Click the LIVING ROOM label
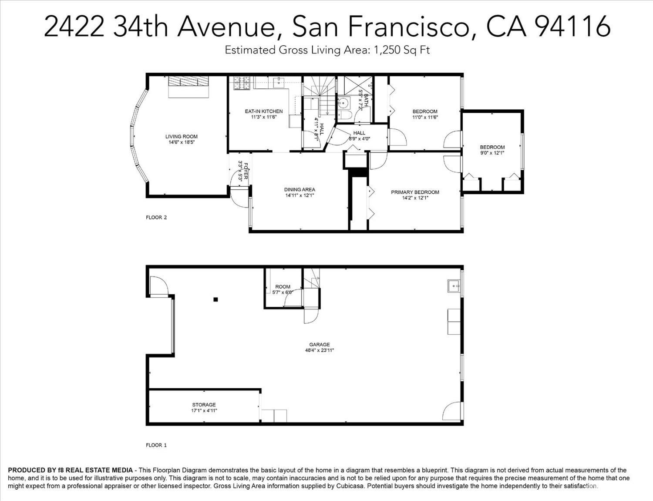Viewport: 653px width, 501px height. pos(181,136)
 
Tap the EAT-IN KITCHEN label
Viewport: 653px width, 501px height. pos(263,111)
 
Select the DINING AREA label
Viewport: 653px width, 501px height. pos(300,189)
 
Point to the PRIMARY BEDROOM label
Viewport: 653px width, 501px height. pos(415,192)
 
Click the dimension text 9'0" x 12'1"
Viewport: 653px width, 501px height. pos(492,153)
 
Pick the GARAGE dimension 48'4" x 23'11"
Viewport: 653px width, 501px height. pos(320,350)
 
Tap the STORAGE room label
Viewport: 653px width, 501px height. pos(204,404)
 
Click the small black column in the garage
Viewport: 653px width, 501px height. pos(215,299)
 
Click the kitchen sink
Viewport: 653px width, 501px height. pos(279,82)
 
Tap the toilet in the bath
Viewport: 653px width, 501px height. pos(343,116)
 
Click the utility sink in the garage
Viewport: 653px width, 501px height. pos(454,286)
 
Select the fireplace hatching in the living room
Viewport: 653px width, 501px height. pos(188,81)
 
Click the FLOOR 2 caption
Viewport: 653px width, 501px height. pos(156,218)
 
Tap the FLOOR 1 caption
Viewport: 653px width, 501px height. pos(156,445)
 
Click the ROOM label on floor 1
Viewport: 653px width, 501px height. pos(283,286)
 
